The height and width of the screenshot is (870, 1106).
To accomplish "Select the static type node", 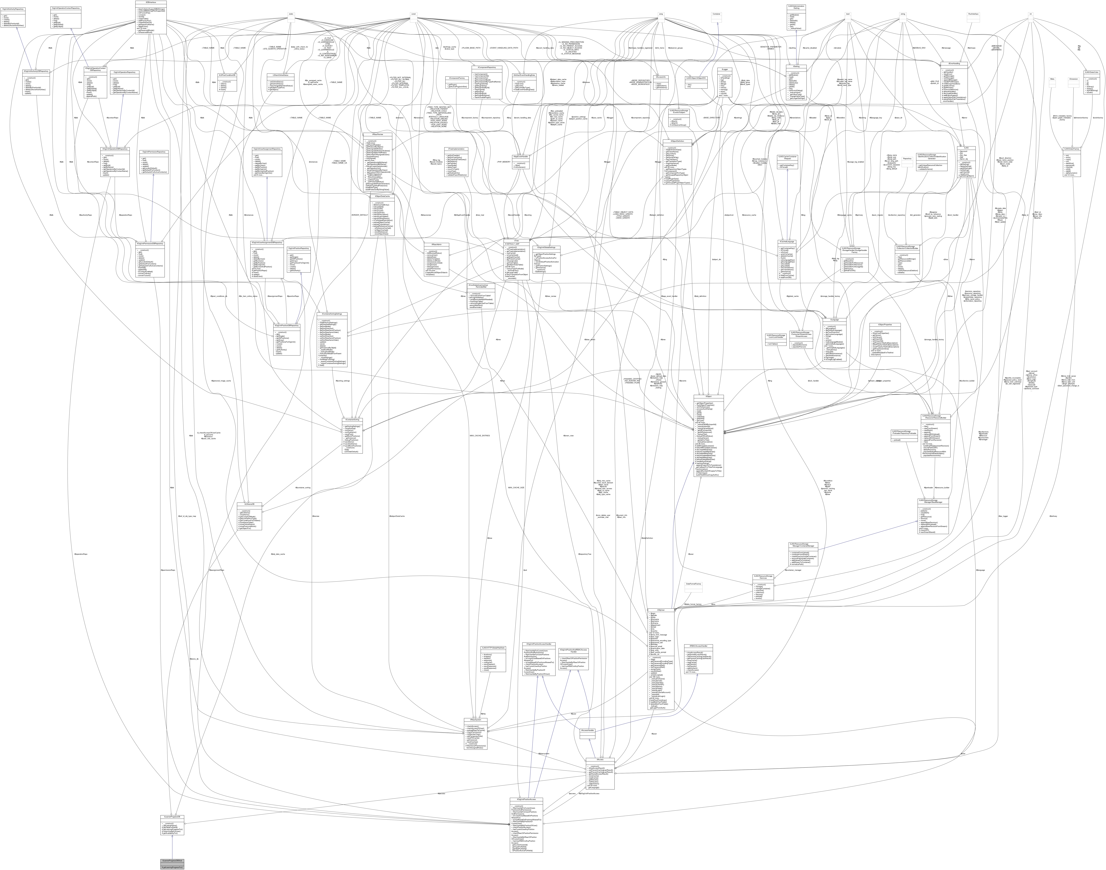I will click(291, 14).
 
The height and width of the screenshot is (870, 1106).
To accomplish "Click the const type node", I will click(414, 14).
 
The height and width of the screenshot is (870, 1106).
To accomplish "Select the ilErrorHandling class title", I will click(954, 63).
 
